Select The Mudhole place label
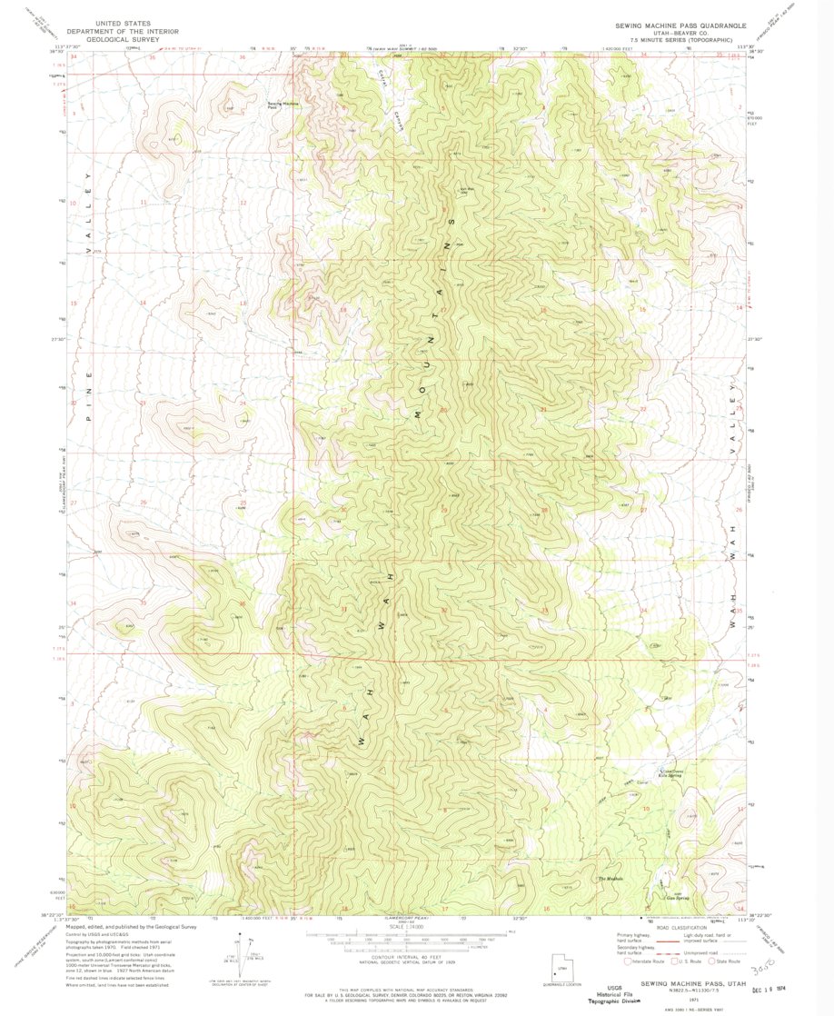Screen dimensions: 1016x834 [x=611, y=879]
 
